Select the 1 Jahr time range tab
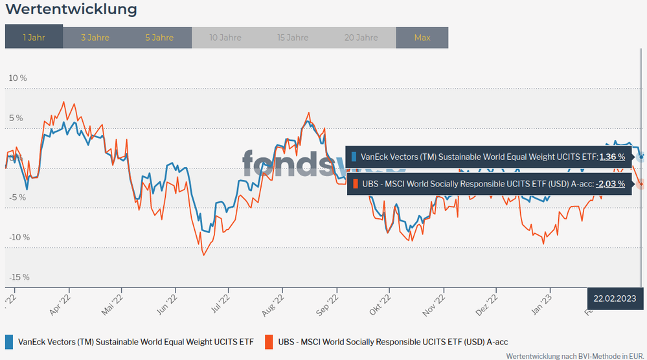point(34,38)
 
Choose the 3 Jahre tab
point(95,38)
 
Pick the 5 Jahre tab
point(159,38)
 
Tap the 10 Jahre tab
point(225,38)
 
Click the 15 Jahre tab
point(293,38)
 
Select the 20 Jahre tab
point(361,38)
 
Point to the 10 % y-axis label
point(17,78)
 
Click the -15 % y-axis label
point(19,277)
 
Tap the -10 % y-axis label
point(19,237)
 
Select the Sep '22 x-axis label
point(328,305)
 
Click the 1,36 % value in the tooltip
point(612,157)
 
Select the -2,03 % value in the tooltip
point(610,184)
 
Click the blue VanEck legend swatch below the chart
point(9,341)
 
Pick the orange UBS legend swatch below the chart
point(269,341)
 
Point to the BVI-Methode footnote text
point(575,355)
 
